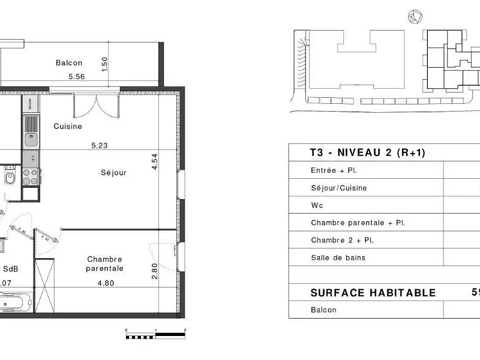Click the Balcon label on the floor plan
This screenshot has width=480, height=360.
(x=69, y=62)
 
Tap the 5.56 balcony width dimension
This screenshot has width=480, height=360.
(x=77, y=76)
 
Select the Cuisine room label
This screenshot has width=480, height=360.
(x=68, y=127)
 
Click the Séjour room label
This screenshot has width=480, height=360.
(x=113, y=173)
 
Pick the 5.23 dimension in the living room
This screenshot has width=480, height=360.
(x=100, y=145)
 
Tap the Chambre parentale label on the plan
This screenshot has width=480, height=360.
(x=104, y=264)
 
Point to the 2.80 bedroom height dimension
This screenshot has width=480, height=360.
(x=154, y=271)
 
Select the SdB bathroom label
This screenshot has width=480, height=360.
(x=10, y=269)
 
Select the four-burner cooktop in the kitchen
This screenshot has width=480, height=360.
(x=30, y=176)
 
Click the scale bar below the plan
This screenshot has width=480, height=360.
(x=155, y=335)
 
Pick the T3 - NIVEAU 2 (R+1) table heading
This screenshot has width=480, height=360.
(x=367, y=153)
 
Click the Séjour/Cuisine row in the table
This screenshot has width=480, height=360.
(x=338, y=188)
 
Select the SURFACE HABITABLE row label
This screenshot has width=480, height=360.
(x=373, y=293)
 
